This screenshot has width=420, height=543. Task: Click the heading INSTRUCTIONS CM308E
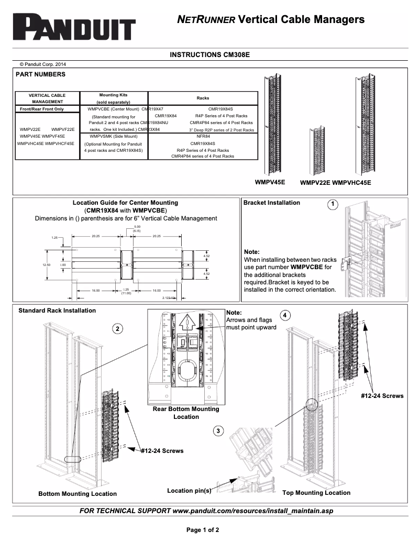(x=209, y=54)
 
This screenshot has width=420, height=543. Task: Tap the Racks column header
(x=203, y=98)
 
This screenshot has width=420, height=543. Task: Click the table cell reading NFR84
(x=203, y=136)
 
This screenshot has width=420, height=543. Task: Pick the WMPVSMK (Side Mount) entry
(x=114, y=136)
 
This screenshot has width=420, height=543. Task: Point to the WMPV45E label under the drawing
(x=270, y=182)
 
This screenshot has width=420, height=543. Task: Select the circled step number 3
(x=218, y=430)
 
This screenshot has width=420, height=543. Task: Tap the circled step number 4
(x=284, y=315)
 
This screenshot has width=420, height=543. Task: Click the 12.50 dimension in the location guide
(x=46, y=265)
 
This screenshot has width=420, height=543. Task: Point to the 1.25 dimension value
(x=55, y=238)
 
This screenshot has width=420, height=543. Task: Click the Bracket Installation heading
(x=272, y=203)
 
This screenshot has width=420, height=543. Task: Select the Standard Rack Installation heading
(x=57, y=311)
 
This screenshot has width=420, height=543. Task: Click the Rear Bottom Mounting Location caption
(x=186, y=413)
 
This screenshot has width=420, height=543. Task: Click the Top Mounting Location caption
(x=316, y=493)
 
